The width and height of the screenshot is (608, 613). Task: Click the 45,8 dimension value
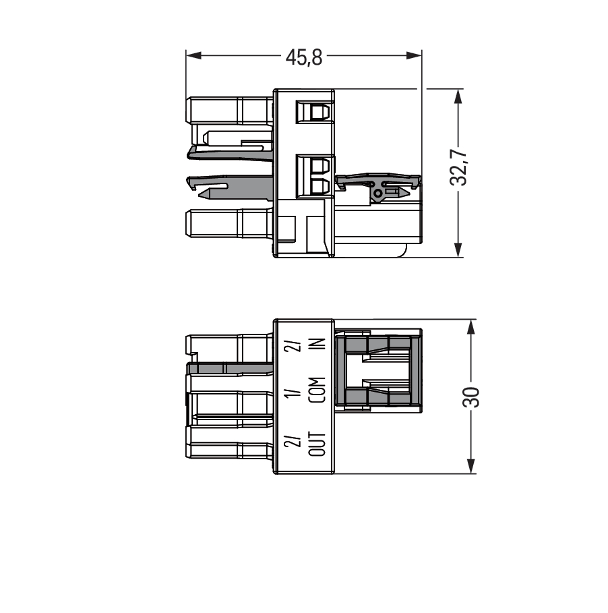coord(303,57)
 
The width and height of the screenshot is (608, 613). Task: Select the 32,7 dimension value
coord(458,167)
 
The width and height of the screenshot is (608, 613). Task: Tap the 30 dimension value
coord(471,397)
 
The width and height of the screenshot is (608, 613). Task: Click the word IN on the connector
coord(319,344)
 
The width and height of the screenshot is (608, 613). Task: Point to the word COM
coord(317,390)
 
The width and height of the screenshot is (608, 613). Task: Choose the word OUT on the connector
coord(317,444)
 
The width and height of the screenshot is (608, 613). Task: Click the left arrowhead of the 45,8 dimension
coord(193,55)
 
